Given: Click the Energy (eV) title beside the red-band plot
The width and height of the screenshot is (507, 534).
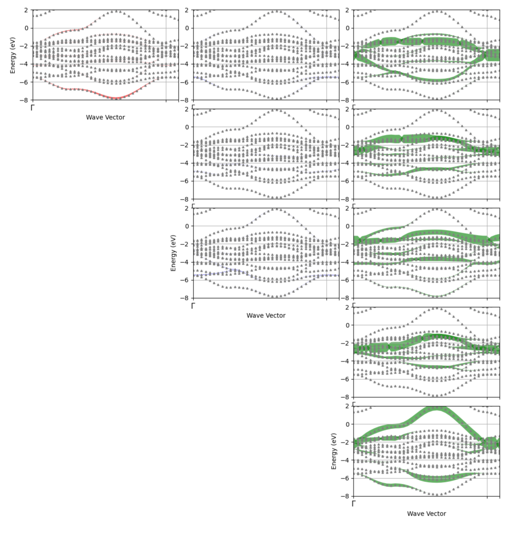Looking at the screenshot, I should [13, 55].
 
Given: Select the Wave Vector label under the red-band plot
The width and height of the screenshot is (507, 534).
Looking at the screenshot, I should [105, 117].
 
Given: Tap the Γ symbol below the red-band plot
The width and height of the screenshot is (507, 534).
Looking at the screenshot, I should [32, 108].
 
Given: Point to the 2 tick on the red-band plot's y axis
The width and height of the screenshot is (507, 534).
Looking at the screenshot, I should [26, 10].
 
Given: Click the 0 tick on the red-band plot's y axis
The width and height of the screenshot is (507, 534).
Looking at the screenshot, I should [26, 28].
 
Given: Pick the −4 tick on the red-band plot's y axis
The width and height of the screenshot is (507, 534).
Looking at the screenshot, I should [25, 64].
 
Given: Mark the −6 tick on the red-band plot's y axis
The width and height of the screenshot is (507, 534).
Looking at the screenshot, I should [25, 82].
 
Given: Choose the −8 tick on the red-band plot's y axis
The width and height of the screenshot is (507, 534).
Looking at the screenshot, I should [25, 100].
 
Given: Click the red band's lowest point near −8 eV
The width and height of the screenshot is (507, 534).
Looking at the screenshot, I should [116, 98].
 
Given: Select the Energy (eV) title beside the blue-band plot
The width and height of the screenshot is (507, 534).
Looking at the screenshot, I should [173, 253].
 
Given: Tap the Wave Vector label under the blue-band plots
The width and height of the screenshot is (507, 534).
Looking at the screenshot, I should [266, 316].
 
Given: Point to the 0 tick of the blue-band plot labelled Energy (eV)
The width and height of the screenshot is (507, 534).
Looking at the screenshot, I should [187, 226].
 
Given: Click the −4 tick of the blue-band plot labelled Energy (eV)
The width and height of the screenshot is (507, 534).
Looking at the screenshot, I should [185, 262].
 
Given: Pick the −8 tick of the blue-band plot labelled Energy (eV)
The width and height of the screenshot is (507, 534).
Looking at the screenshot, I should [185, 298].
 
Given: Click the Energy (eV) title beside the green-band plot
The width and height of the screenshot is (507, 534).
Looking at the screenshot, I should [334, 451].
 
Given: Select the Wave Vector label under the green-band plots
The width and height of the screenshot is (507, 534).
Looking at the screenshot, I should [426, 514].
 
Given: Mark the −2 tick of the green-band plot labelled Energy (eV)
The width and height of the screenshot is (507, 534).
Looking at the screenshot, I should [345, 442].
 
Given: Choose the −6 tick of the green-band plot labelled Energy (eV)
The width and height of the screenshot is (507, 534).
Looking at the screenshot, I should [345, 478].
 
